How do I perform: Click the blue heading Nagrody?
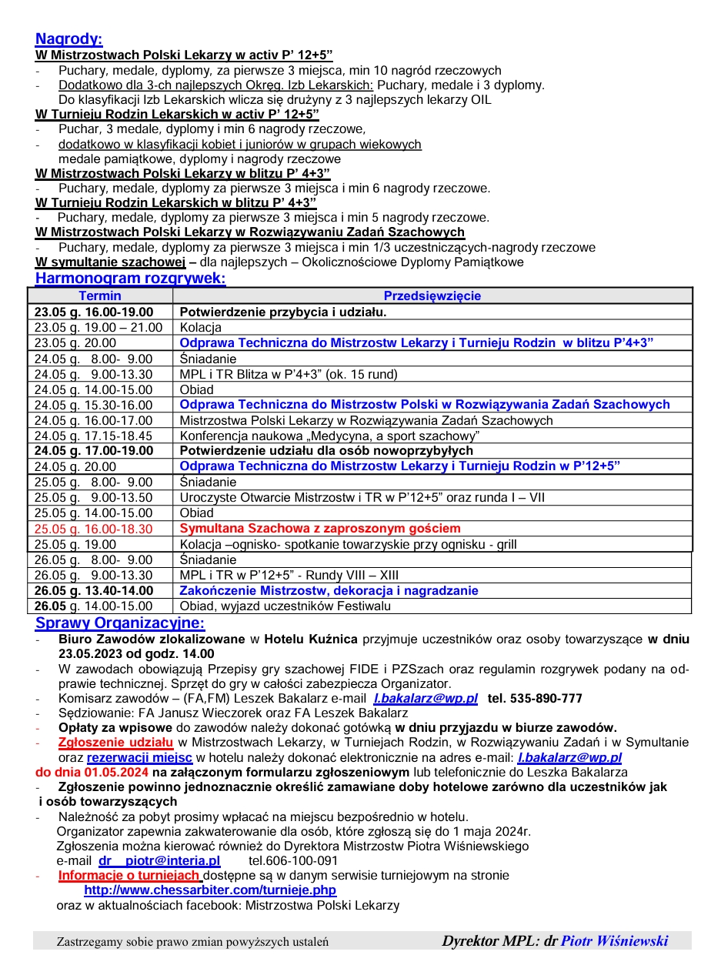tap(68, 39)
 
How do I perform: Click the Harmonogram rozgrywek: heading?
tap(130, 278)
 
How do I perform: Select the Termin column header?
tap(100, 296)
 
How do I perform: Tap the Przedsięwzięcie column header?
tap(432, 296)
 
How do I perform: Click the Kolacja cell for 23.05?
tap(200, 327)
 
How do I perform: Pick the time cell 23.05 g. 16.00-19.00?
tap(94, 312)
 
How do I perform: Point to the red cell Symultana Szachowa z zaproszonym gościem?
tap(320, 529)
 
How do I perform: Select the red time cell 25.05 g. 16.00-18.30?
tap(94, 529)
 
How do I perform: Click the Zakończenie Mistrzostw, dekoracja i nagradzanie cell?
tap(329, 591)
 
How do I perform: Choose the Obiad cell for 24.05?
tap(196, 389)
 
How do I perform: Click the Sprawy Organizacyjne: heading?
tap(120, 623)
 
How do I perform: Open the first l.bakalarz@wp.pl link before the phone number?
tap(426, 699)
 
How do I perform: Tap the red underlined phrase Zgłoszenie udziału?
tap(115, 743)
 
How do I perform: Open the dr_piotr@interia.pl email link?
tap(159, 860)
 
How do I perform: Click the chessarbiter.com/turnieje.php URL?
tap(210, 890)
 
